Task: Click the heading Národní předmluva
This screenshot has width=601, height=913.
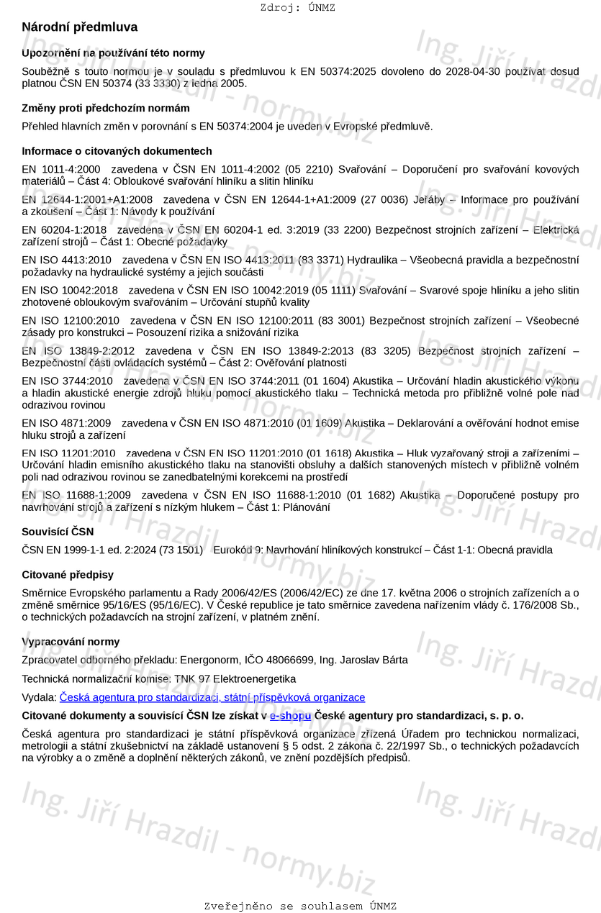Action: click(79, 27)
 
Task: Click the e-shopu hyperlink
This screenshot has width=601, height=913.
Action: click(290, 716)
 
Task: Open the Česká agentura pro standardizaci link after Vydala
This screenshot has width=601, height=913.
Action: click(212, 697)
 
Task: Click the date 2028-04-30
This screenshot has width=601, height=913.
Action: click(472, 71)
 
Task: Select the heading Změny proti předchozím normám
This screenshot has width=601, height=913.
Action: click(106, 108)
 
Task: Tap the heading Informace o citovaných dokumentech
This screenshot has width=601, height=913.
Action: click(117, 151)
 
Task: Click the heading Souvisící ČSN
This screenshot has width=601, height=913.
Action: click(58, 532)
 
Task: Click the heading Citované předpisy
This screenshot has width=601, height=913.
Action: click(68, 575)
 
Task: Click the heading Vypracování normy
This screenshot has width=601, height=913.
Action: click(71, 642)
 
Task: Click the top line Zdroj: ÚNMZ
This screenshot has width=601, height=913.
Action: click(297, 8)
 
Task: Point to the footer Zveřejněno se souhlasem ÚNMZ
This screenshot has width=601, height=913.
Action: click(300, 907)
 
